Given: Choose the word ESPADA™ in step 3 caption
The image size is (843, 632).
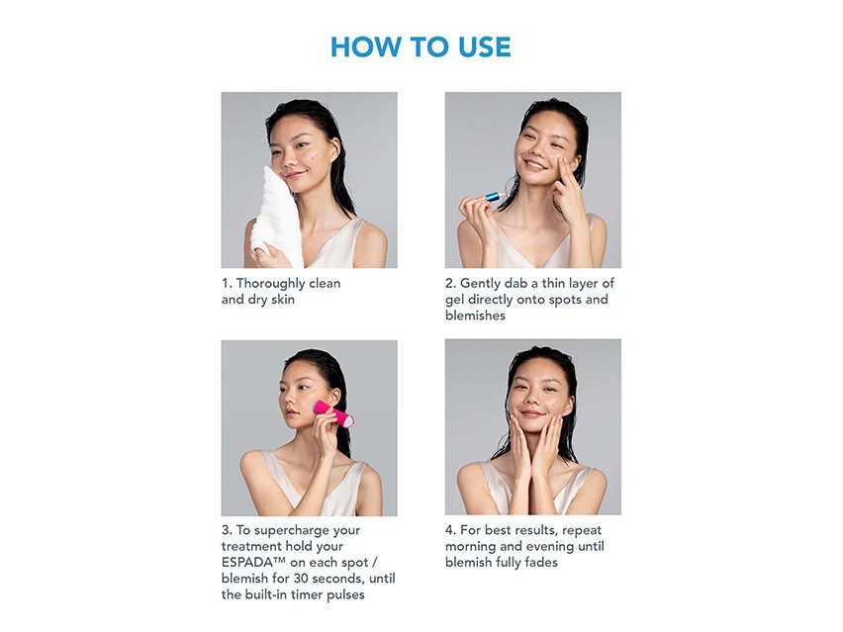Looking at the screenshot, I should tap(253, 562).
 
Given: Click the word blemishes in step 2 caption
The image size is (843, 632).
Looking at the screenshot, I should tap(475, 316).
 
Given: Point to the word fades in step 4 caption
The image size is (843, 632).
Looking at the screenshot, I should tap(539, 562).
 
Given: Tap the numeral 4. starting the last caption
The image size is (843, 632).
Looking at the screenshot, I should tap(450, 530).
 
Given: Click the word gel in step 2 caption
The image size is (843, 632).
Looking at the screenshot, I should tap(455, 299).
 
